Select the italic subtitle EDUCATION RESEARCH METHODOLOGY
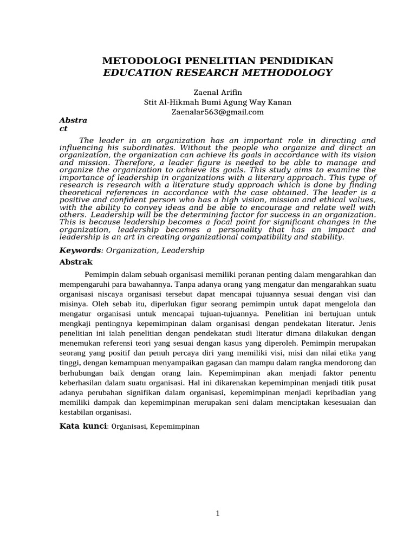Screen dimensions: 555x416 pyautogui.click(x=217, y=72)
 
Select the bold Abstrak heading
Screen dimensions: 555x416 pyautogui.click(x=75, y=261)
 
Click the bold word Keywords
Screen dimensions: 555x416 pyautogui.click(x=80, y=250)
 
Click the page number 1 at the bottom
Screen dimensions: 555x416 pyautogui.click(x=217, y=514)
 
